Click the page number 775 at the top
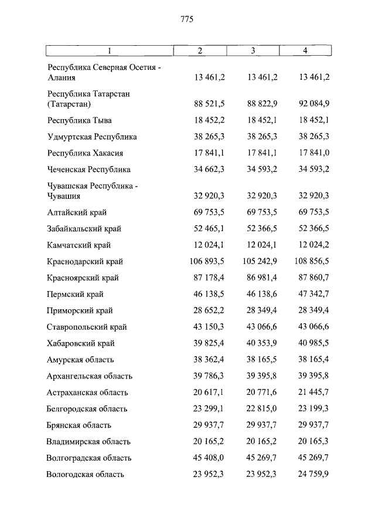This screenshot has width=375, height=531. coord(187,19)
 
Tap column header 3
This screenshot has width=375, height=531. coord(253,50)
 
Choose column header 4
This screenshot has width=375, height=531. coord(305,50)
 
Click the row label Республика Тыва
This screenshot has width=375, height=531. coord(79,120)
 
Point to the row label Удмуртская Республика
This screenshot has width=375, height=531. coord(92,137)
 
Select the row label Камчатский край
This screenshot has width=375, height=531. coord(79,245)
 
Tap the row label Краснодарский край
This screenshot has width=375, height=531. coord(85,262)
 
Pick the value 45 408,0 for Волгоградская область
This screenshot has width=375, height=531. coord(209,458)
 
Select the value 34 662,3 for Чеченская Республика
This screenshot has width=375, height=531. coord(209,170)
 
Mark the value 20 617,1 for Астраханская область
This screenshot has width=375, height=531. coord(209,393)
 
